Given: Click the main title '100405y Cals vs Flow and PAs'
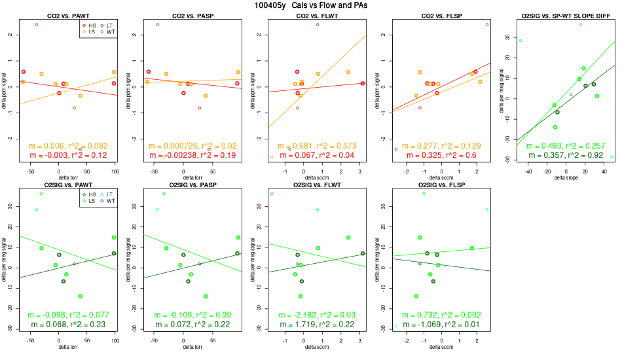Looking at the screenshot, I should click(311, 5).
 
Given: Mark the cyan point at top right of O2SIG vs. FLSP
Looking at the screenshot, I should click(487, 209).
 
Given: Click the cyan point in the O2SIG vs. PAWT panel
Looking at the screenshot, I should click(37, 209).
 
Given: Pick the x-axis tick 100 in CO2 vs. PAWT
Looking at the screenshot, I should click(115, 171).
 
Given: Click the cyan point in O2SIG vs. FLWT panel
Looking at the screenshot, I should click(318, 209).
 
